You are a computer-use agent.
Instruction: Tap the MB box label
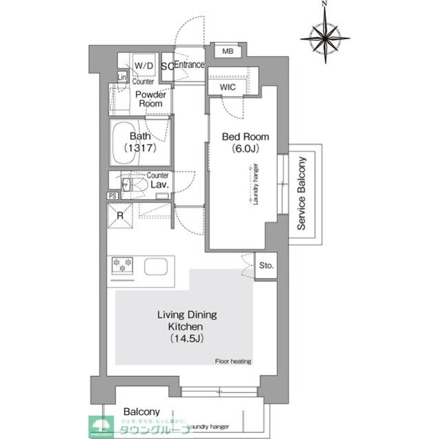(x=226, y=51)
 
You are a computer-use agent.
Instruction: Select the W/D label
(x=144, y=66)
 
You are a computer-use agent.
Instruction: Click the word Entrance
(x=189, y=65)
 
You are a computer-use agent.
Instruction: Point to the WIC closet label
(x=228, y=88)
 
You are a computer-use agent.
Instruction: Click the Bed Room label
(x=245, y=137)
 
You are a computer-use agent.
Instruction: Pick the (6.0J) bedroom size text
(x=245, y=149)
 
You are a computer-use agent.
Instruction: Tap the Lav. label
(x=159, y=185)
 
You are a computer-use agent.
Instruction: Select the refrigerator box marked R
(x=120, y=217)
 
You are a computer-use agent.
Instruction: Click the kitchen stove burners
(x=123, y=265)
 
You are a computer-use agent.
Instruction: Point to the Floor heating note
(x=233, y=361)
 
